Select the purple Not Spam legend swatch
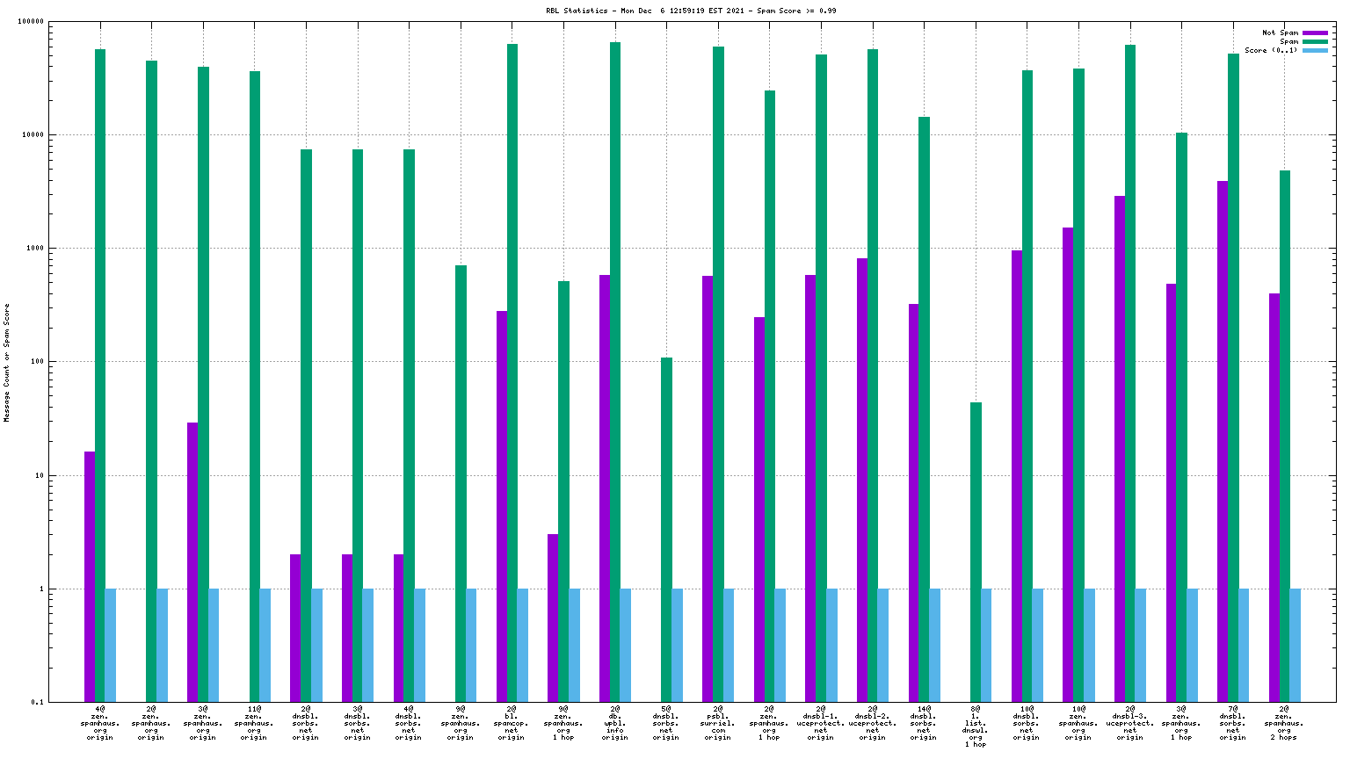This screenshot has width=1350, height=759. [1314, 33]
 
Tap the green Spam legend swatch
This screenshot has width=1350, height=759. [1314, 42]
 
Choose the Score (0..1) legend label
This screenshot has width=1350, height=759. [1271, 51]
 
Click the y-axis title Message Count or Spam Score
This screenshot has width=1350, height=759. [7, 363]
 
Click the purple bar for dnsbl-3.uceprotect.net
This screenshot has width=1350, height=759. [1120, 449]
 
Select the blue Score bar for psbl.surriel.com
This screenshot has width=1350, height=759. [729, 645]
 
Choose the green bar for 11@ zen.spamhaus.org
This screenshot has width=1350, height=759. [255, 387]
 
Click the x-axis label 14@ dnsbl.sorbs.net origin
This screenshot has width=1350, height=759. [924, 722]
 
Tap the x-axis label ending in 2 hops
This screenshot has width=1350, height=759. [1284, 722]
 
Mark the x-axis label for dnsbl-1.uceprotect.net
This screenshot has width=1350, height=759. [821, 722]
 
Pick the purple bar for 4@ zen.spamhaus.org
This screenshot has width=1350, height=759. [90, 576]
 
